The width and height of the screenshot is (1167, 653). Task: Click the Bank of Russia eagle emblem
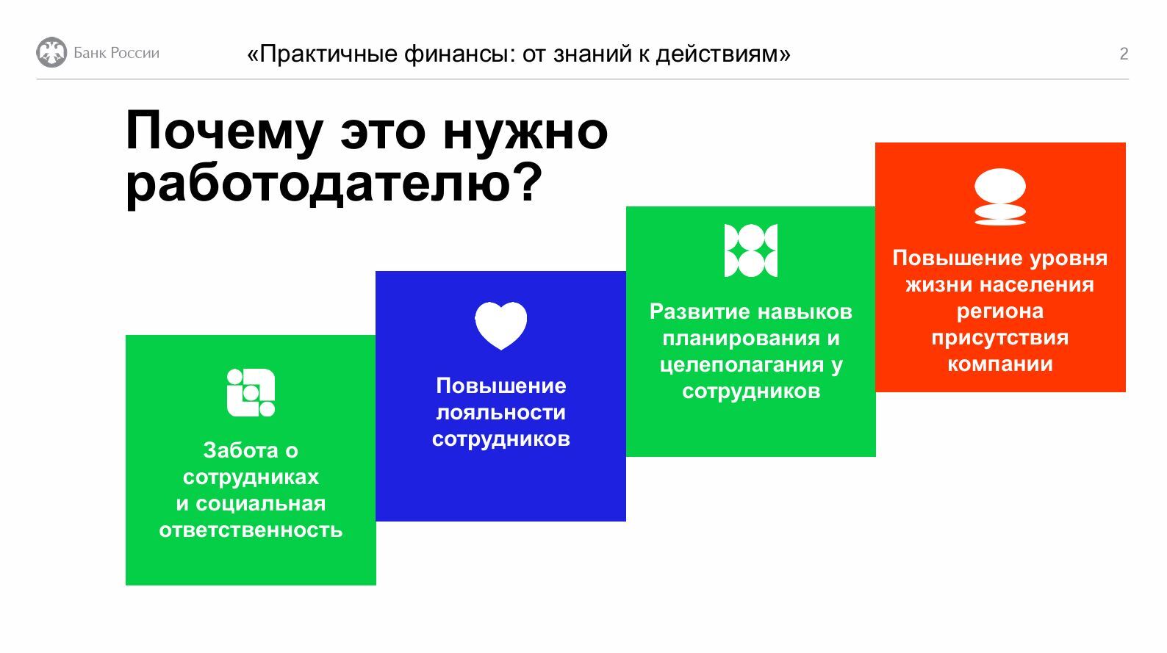tap(51, 52)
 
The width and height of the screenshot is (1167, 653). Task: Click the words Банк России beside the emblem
tap(116, 53)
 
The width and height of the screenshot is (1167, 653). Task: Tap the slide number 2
tap(1124, 54)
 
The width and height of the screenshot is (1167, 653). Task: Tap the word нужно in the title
tap(525, 131)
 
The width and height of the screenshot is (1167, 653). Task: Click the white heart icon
tap(500, 325)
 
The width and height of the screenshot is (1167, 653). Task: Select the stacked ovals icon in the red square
tap(999, 197)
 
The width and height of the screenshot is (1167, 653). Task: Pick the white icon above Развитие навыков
tap(751, 250)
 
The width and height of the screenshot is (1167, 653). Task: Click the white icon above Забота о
tap(251, 393)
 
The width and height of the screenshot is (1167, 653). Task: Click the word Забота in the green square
tap(240, 450)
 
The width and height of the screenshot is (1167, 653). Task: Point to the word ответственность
tap(251, 530)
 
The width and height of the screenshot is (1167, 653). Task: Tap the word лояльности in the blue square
tap(500, 412)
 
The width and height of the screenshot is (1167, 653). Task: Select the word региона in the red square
tap(999, 311)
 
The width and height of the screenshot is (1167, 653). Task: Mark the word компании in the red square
tap(999, 364)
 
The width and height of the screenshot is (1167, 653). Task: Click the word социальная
tap(260, 504)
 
